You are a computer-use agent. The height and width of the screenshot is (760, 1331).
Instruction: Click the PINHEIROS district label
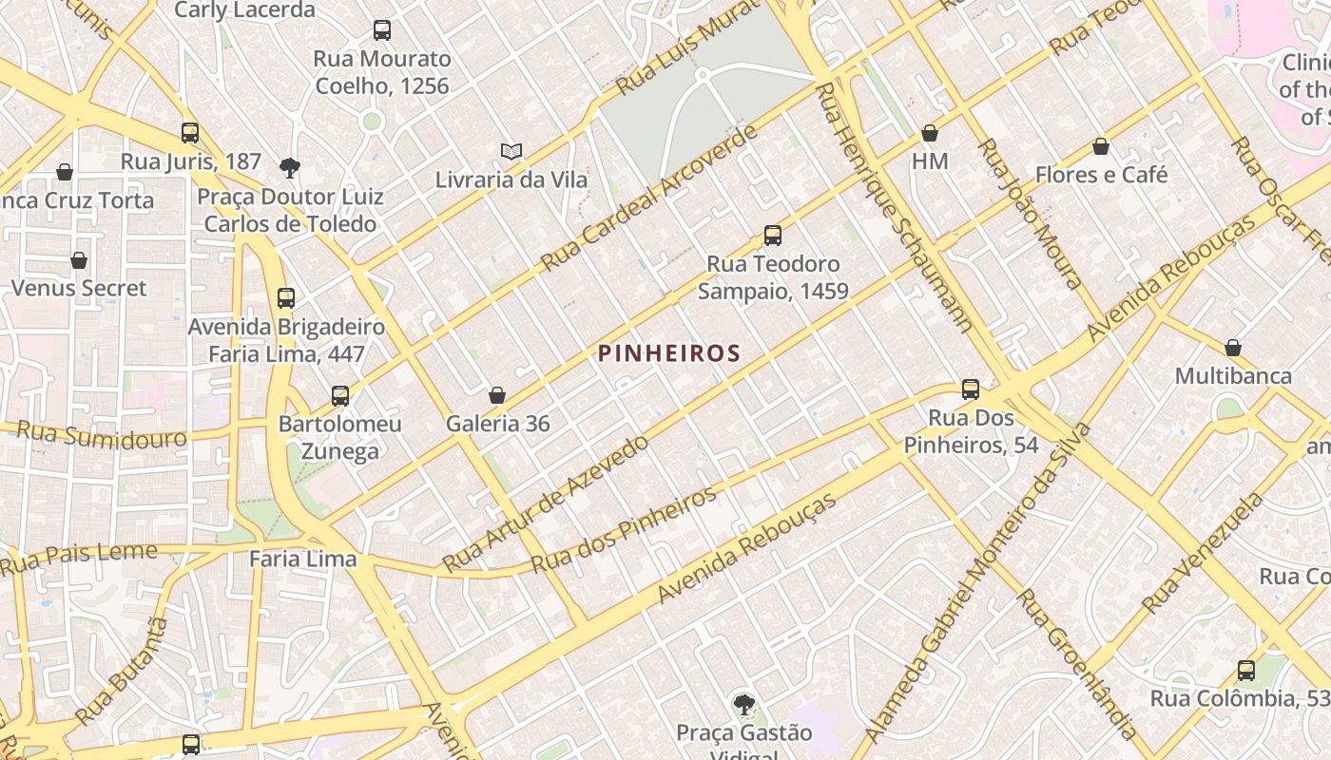[x=669, y=353]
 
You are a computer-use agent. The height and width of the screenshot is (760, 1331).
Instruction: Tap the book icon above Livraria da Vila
[x=511, y=151]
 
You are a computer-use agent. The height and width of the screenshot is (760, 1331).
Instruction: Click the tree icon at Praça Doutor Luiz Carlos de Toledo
[x=290, y=168]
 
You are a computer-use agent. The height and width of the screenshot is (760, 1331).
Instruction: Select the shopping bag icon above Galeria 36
[x=496, y=395]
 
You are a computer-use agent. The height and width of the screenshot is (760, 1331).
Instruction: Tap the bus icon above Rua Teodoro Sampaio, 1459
[x=773, y=235]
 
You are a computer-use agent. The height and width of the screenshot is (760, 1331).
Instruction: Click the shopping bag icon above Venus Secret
[x=79, y=259]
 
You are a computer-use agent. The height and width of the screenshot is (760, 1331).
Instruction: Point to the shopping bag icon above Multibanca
[x=1233, y=348]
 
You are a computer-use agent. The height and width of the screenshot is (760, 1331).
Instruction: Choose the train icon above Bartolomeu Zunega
[x=340, y=395]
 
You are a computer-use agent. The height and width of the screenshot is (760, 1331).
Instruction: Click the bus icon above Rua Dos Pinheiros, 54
[x=971, y=389]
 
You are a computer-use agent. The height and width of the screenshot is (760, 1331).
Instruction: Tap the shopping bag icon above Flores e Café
[x=1101, y=146]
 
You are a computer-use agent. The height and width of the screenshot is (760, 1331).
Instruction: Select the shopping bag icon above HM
[x=930, y=133]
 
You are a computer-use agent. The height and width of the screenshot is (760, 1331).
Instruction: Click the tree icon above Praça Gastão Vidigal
[x=744, y=704]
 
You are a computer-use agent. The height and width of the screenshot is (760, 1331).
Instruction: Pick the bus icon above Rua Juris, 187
[x=190, y=132]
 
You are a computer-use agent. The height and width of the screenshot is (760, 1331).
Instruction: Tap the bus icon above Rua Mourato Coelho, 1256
[x=382, y=29]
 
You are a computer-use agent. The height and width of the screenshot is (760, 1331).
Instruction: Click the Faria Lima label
[x=302, y=559]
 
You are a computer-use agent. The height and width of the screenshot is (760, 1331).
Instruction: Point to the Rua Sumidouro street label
[x=102, y=435]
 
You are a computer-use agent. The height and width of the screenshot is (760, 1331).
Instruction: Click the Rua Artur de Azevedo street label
[x=546, y=503]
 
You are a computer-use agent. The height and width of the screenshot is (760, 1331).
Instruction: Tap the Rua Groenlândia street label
[x=1076, y=664]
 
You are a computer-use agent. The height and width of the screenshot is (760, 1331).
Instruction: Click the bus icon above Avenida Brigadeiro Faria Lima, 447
[x=286, y=297]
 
